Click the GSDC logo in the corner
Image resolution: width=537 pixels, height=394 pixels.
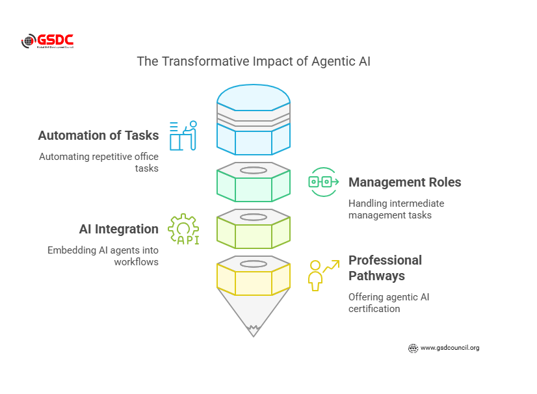coord(47,41)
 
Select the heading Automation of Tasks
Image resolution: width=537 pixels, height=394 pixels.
coord(98,136)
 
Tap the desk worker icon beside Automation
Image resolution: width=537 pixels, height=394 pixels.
coord(183,136)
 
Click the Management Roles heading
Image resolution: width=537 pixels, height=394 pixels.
coord(404,183)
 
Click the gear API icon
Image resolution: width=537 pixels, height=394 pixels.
coord(183,230)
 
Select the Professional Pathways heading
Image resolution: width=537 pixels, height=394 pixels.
coord(385,268)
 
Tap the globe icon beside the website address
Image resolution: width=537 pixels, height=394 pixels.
coord(413,348)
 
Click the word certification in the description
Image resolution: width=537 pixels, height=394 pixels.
coord(374,309)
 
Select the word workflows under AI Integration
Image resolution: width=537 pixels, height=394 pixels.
coord(136,262)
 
